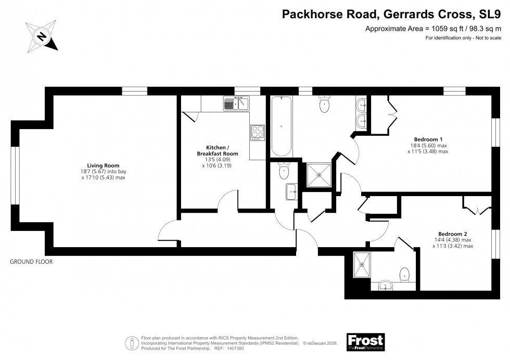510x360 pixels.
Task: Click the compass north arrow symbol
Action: [41, 36]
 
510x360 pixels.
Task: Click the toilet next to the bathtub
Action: [324, 106]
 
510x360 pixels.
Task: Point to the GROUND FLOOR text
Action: [31, 262]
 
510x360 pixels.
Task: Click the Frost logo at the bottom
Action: [365, 342]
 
